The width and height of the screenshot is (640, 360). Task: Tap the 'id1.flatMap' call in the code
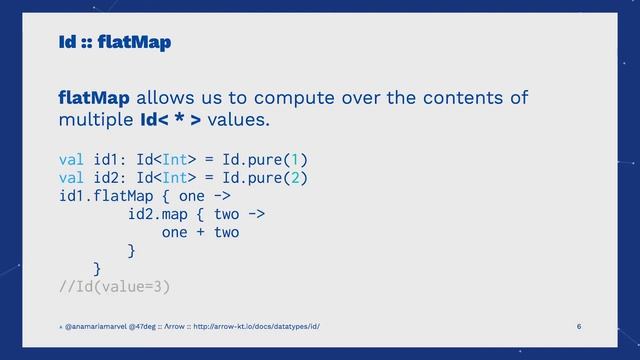click(x=106, y=197)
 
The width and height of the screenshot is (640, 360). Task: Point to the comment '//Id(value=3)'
click(x=114, y=288)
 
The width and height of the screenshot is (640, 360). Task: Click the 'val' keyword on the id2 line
click(x=72, y=178)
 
